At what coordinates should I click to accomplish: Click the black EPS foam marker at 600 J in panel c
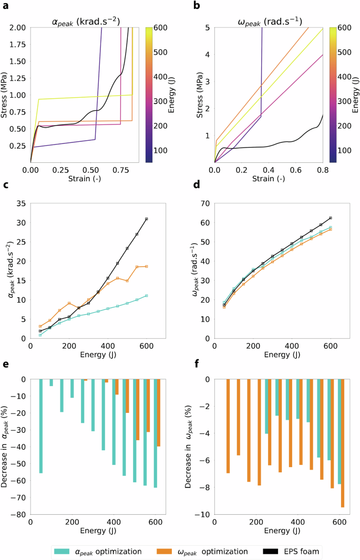(x=147, y=219)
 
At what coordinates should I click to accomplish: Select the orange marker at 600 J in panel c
(x=147, y=267)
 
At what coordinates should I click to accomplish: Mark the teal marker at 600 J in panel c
(x=147, y=296)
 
